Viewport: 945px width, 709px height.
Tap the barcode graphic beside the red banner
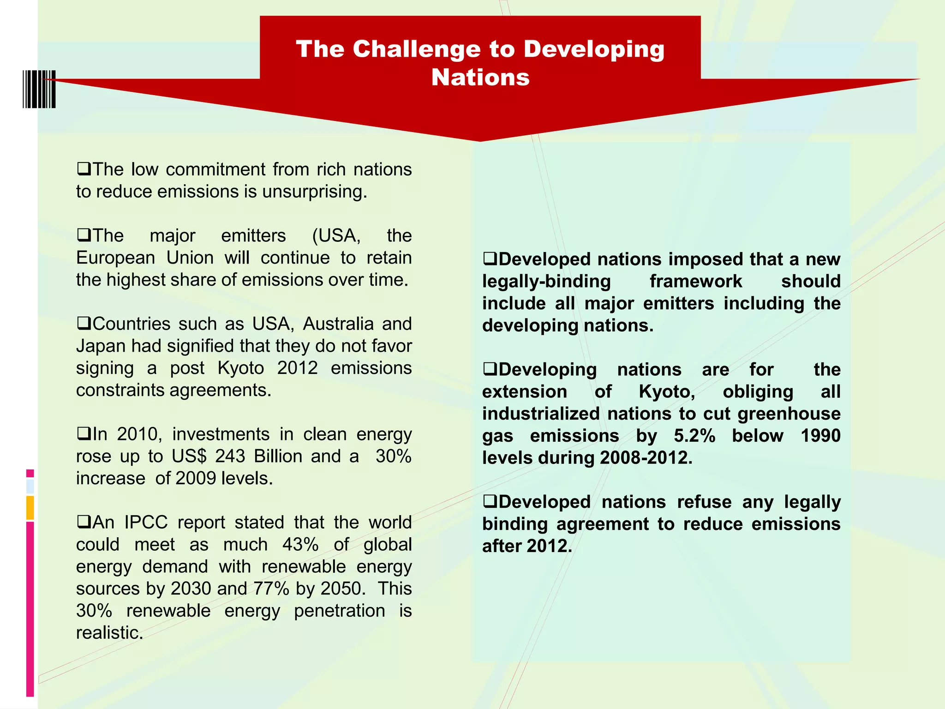(x=39, y=89)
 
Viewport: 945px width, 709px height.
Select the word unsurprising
(x=314, y=192)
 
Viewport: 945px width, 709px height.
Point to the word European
(x=115, y=258)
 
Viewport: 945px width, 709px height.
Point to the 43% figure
(x=300, y=545)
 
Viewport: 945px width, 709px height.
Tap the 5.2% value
(x=694, y=436)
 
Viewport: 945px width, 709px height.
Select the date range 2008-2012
(x=646, y=458)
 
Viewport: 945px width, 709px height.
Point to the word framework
(x=696, y=281)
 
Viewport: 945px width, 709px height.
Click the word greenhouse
(x=789, y=414)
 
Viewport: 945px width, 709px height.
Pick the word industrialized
(x=541, y=414)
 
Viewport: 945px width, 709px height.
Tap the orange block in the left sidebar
(x=30, y=508)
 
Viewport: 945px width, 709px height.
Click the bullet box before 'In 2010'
(x=84, y=433)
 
